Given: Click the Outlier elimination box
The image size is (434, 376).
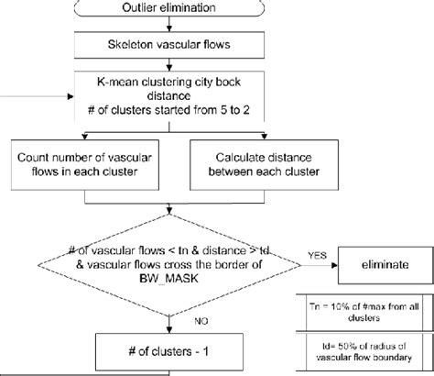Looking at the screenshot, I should [x=170, y=9].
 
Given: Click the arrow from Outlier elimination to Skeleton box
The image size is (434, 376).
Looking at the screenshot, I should [x=170, y=26].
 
